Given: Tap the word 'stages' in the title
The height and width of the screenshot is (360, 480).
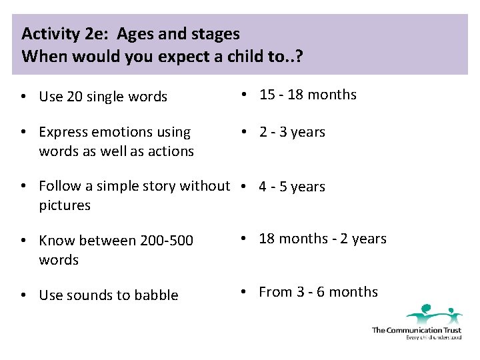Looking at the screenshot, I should (217, 33).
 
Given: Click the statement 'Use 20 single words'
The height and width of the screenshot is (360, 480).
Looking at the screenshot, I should (103, 97).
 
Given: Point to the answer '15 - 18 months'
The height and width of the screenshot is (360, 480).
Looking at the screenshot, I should (307, 95).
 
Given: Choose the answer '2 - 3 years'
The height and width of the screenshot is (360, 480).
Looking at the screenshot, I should (292, 132).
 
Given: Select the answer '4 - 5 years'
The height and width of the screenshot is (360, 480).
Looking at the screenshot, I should (292, 187).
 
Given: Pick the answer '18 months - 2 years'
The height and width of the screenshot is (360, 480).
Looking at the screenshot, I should (322, 239).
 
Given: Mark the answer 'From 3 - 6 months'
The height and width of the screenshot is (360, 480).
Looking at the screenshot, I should (318, 292).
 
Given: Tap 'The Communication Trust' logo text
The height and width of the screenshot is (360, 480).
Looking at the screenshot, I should (416, 330).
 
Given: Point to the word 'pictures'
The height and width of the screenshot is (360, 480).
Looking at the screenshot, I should (65, 205).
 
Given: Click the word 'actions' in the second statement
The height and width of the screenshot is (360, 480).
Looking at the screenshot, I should (171, 151).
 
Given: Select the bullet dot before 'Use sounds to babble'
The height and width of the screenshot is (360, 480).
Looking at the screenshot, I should (23, 295).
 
